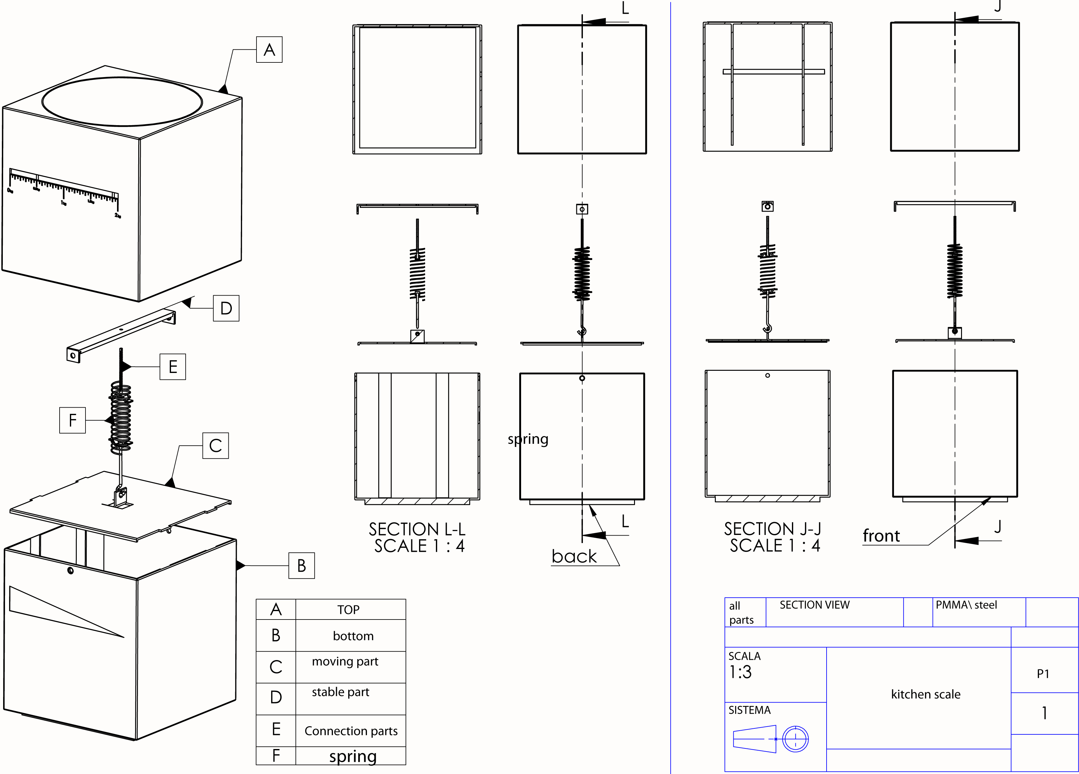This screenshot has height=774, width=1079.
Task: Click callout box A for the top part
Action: pos(269,50)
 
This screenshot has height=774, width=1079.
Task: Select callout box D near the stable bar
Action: pos(226,308)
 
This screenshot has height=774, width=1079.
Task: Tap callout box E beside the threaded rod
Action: pos(173,367)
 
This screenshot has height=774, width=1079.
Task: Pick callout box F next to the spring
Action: pos(72,420)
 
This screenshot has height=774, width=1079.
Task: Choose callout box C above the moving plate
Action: pos(216,446)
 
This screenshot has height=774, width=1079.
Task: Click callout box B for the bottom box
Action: pos(302,566)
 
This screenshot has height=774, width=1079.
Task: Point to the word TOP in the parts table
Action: pos(348,610)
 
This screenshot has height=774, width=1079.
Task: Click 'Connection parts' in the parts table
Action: pos(351,731)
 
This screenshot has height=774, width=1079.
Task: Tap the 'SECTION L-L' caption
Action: pos(417,529)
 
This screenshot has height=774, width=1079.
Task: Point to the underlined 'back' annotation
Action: pos(574,556)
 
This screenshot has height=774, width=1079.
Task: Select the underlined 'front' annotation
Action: pos(881,536)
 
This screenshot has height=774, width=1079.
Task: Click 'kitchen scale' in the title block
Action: pos(925,694)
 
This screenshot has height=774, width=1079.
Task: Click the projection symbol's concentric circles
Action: pos(795,739)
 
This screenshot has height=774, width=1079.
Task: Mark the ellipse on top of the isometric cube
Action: pos(122,102)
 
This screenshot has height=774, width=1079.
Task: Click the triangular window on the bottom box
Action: pos(57,611)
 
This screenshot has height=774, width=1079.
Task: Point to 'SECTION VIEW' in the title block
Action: pos(814,605)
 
